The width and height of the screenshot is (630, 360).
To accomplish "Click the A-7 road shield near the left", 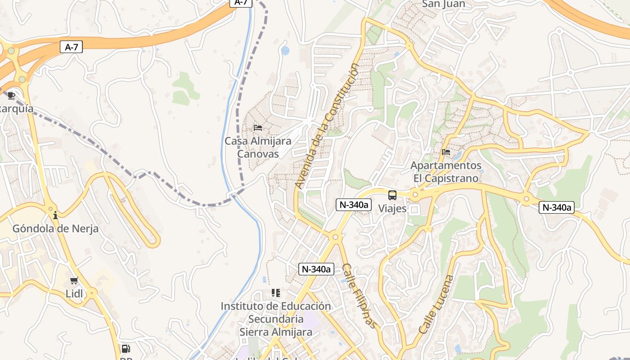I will tap(71, 47).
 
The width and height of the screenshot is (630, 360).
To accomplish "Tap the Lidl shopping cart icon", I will tap(74, 281).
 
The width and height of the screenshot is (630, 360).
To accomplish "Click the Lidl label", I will tap(74, 294).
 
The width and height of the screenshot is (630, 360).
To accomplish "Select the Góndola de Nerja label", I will tap(55, 229).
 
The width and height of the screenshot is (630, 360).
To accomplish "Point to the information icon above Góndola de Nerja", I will tap(55, 215).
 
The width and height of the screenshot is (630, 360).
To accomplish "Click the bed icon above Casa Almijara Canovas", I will tap(258, 128).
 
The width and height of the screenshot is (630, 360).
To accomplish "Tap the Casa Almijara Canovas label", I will tap(258, 147).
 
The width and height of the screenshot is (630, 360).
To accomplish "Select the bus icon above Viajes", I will tap(392, 195).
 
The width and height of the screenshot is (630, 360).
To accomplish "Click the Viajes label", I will tap(392, 208).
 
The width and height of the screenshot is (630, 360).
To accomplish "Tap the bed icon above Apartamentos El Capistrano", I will tap(446, 152).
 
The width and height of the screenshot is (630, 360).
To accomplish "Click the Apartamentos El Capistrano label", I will tap(446, 172).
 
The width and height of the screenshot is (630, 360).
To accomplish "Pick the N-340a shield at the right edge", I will tap(557, 207).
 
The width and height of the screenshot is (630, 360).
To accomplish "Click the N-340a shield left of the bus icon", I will tap(353, 205).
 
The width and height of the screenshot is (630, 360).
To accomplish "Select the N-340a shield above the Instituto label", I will tap(316, 269).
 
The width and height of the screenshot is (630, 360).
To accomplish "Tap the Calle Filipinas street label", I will tap(359, 296).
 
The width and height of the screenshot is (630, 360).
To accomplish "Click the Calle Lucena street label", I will tap(435, 304).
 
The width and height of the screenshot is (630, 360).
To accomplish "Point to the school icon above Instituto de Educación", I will tap(276, 293).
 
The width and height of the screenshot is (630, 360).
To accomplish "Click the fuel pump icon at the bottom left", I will tap(126, 348).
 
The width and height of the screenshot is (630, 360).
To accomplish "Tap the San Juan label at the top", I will tap(443, 4).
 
